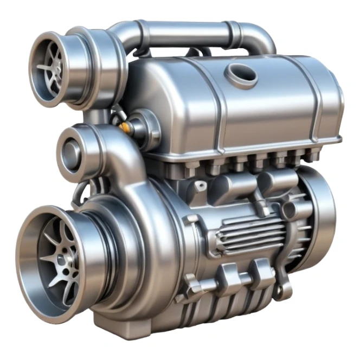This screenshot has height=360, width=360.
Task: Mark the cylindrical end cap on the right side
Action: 320,209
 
